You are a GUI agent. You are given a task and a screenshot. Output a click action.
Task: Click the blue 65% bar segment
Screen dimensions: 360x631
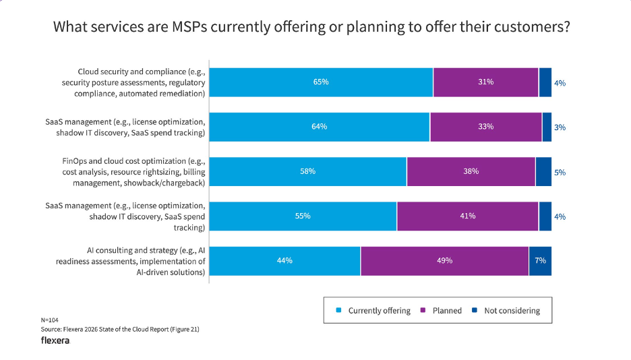coord(321,82)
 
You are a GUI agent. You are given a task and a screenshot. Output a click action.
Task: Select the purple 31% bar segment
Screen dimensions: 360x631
coord(485,82)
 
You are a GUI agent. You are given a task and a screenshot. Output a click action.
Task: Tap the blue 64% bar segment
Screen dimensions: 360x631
coord(319,127)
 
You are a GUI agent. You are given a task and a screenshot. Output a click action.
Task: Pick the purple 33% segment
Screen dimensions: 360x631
coord(485,127)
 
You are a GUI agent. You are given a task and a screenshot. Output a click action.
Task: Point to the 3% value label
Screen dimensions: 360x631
coord(560,127)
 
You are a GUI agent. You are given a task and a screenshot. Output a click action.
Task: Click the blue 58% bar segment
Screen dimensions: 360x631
coord(307,171)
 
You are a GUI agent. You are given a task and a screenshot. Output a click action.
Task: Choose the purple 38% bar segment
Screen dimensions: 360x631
coord(471,171)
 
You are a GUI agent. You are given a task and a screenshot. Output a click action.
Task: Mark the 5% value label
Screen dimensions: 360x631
coord(560,173)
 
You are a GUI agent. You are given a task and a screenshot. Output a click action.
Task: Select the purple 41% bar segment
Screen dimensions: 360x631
coord(467,216)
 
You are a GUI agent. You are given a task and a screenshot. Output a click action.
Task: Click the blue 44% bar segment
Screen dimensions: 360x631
coord(284,261)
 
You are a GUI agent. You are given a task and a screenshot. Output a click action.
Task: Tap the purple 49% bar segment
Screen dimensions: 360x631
coord(444,261)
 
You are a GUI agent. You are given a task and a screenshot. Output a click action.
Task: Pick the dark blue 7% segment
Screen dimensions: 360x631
coord(540,261)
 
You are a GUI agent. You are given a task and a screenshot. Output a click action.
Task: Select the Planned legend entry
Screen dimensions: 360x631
coord(442,311)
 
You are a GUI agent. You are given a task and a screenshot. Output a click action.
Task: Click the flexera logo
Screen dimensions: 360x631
coord(55,340)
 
